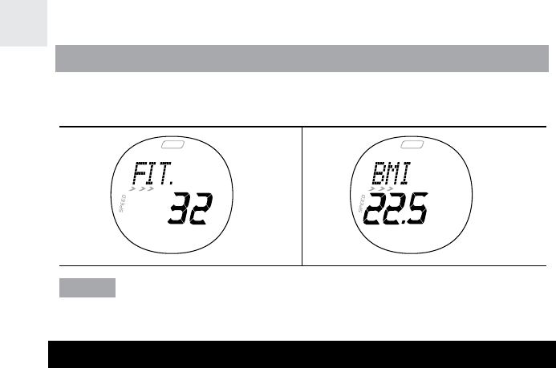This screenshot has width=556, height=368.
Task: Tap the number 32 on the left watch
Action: [189, 212]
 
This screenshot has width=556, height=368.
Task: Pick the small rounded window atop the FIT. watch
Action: [172, 145]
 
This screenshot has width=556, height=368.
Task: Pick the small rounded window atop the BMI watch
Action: [414, 145]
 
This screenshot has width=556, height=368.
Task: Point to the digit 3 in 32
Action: [178, 212]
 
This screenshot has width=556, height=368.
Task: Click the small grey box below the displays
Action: [87, 288]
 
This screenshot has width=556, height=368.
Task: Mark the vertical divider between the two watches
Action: [302, 196]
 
